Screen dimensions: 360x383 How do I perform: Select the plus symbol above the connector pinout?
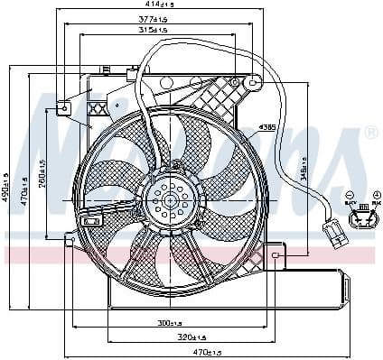coord(376,195)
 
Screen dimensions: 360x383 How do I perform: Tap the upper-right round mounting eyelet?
coord(255,83)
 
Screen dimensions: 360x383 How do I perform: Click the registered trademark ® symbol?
coord(370,134)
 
